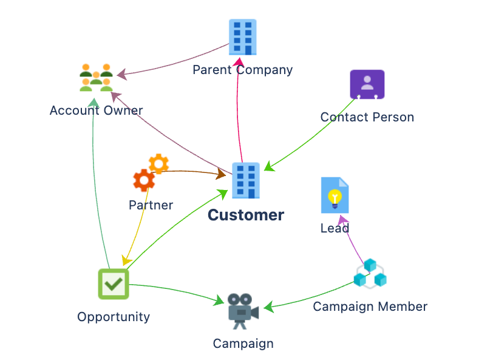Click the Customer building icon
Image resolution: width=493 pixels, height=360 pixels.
245,180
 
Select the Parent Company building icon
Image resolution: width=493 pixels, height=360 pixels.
242,37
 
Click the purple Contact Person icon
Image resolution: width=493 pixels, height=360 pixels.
367,84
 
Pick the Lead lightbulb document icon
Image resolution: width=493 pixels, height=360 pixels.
335,195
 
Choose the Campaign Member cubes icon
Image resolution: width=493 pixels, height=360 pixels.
370,274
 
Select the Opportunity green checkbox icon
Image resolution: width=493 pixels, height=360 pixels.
114,284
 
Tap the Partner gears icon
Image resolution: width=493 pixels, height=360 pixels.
150,173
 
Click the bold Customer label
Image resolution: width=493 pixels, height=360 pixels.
245,215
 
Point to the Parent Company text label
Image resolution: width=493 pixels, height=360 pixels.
242,70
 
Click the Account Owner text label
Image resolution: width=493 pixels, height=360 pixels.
96,110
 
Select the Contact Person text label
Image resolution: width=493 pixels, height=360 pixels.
367,117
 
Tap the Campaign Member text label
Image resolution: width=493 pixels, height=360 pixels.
370,307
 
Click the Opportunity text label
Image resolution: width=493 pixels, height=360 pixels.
114,317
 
